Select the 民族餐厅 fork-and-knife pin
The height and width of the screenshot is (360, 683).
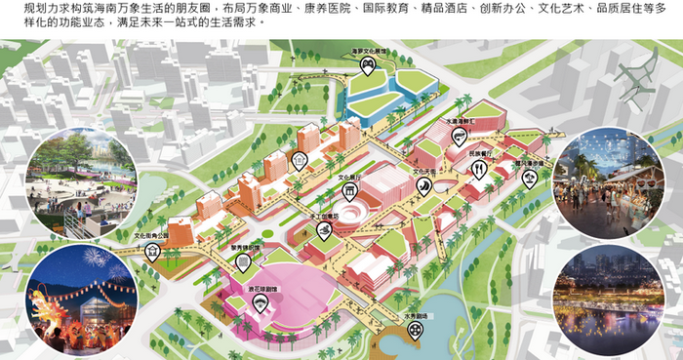pos(479,169)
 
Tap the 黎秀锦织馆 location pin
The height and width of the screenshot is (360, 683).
pos(256,260)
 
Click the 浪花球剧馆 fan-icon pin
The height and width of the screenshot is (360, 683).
pos(261,304)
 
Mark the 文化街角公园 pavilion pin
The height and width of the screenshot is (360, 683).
pos(152,251)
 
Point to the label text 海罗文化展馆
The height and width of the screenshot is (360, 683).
pos(369,50)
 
